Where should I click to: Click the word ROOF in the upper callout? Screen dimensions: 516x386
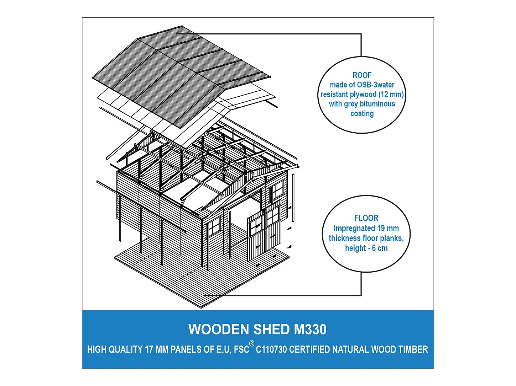pos(362,75)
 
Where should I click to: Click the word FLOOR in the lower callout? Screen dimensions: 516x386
pos(366,218)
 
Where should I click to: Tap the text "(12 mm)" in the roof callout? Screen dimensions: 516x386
pos(391,95)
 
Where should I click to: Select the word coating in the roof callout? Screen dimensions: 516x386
pos(362,114)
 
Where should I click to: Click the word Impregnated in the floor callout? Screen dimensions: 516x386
pos(354,228)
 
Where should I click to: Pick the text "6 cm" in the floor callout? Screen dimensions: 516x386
pos(380,248)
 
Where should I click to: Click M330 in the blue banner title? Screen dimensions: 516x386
pos(310,329)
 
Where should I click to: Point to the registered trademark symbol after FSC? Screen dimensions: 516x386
pos(252,344)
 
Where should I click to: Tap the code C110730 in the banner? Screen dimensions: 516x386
pos(271,350)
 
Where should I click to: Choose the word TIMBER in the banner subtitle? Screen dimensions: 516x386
pos(412,350)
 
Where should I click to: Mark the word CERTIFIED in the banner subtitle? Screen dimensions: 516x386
pos(309,350)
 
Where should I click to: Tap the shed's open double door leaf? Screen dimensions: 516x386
pos(256,235)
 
